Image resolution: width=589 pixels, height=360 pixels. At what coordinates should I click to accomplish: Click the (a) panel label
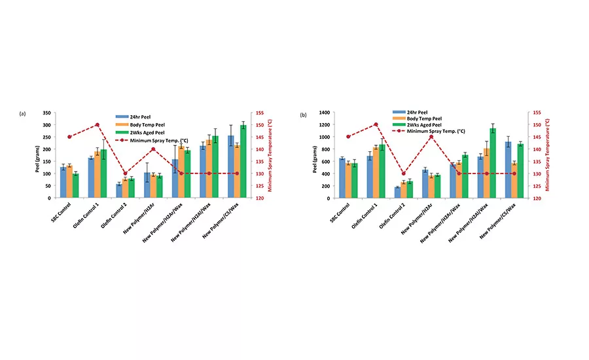click(22, 114)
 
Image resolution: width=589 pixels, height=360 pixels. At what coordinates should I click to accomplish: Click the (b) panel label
click(303, 115)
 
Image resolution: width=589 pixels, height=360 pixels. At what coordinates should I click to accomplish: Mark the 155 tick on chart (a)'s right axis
click(259, 113)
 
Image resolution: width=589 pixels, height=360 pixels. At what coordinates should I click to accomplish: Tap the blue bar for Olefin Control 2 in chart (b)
click(397, 192)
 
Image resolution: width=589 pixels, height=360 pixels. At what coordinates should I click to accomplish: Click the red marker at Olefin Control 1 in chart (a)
click(98, 124)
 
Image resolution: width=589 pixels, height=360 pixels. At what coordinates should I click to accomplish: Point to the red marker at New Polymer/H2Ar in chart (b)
click(431, 137)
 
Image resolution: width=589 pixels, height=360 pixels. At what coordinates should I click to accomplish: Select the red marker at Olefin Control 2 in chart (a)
click(125, 173)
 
